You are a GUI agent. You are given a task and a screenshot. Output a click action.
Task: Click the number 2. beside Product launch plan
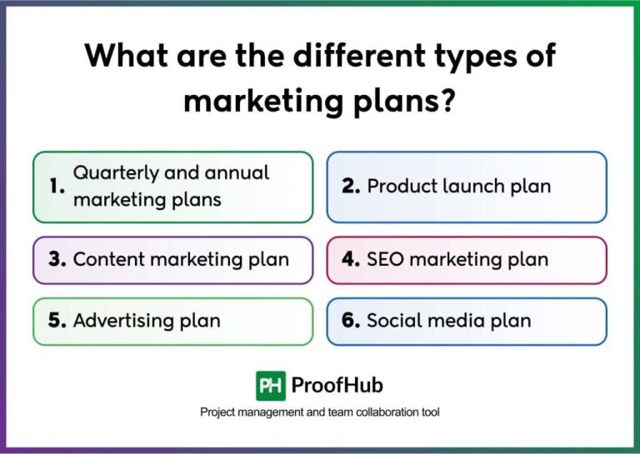pyautogui.click(x=350, y=187)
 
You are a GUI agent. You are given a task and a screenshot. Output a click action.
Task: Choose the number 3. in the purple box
pyautogui.click(x=57, y=259)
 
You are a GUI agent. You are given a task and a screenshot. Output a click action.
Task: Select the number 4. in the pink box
pyautogui.click(x=350, y=259)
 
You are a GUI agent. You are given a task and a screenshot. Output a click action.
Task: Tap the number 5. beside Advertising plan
pyautogui.click(x=57, y=321)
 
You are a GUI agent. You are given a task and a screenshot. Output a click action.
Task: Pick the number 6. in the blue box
pyautogui.click(x=350, y=321)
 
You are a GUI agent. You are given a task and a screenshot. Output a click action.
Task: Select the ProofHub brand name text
pyautogui.click(x=337, y=386)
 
